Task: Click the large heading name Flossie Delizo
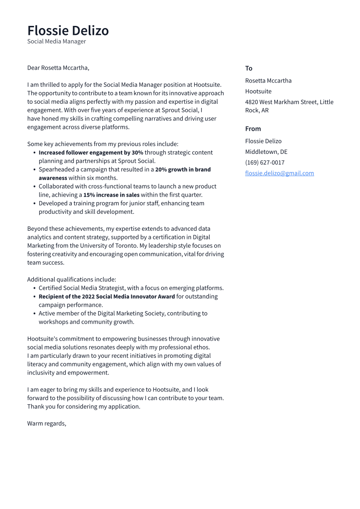tap(68, 31)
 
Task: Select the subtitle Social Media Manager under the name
tap(57, 41)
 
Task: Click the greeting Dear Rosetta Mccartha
tap(58, 68)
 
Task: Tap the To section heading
tap(248, 68)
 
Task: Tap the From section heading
tap(253, 129)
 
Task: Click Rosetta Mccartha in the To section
tap(268, 81)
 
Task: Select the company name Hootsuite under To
tap(258, 92)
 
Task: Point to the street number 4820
tap(252, 102)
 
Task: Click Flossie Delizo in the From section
tap(263, 141)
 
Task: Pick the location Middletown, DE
tap(266, 152)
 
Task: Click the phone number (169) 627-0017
tap(264, 163)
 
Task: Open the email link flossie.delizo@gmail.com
tap(279, 173)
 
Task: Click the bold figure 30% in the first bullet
tap(137, 153)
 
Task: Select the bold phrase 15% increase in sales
tap(111, 195)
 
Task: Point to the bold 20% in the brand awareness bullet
tap(161, 169)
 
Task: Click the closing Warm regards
tap(46, 423)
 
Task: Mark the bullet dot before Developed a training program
tap(34, 204)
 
